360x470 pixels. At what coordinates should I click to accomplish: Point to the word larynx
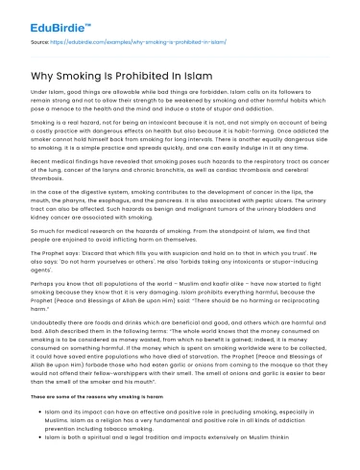click(x=103, y=171)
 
